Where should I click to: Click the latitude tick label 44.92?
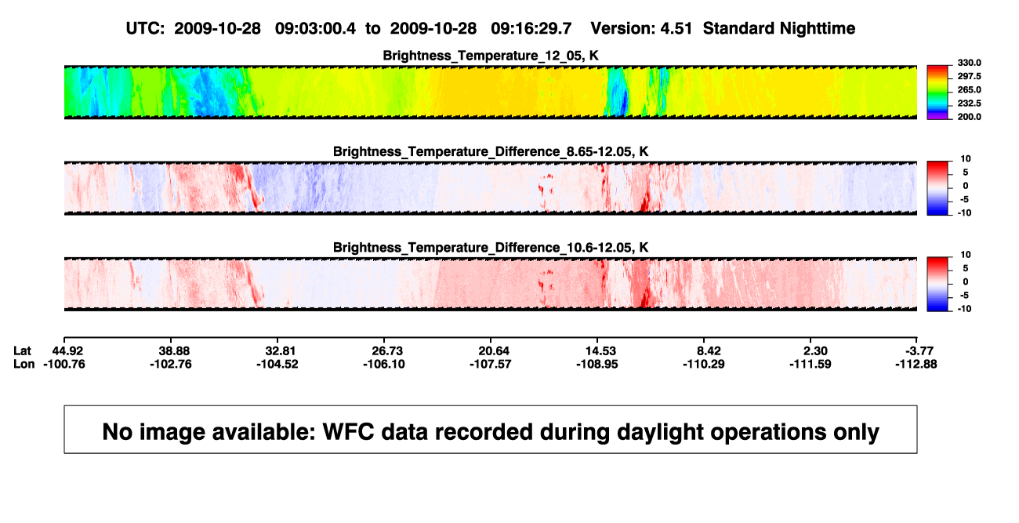[68, 351]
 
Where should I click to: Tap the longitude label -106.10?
[384, 364]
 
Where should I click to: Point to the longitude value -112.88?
[916, 364]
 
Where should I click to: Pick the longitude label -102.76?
[171, 364]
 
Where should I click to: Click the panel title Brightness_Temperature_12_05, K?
[491, 56]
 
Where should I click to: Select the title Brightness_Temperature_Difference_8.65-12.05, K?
[491, 151]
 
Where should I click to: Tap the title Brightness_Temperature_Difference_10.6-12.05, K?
[491, 248]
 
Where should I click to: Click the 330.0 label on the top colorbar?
[969, 63]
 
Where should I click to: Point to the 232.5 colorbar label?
[969, 104]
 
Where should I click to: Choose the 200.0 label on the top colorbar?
[969, 117]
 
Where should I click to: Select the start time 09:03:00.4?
[315, 29]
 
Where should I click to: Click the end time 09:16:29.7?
[531, 29]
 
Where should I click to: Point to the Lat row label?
[22, 351]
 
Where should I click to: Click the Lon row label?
[24, 364]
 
